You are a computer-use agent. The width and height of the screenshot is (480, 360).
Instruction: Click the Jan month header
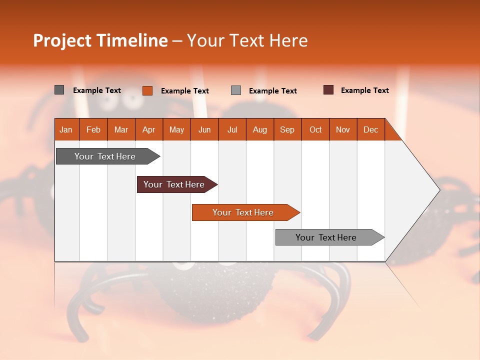66,130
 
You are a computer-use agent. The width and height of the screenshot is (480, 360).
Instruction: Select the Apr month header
149,130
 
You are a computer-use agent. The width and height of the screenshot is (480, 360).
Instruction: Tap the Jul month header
232,130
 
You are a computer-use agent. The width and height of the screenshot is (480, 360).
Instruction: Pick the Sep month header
287,130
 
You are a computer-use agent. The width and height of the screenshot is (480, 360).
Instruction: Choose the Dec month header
370,130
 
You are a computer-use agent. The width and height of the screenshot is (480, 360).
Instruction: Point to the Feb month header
93,130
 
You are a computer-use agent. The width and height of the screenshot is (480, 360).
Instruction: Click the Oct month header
315,130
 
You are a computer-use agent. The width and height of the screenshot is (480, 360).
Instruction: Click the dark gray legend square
59,90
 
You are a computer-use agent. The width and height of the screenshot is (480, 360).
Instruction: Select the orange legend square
147,90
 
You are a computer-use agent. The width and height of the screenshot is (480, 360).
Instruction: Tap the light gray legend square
236,90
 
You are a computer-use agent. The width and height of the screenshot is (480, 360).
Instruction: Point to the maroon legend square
328,90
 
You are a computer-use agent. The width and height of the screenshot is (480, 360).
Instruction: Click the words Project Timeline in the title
100,40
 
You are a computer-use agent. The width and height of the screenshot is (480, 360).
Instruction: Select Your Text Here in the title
247,40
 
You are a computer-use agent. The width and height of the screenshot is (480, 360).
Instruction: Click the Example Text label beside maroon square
364,90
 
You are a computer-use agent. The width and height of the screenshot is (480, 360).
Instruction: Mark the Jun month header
204,130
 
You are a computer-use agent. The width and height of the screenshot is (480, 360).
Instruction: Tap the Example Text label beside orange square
184,91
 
